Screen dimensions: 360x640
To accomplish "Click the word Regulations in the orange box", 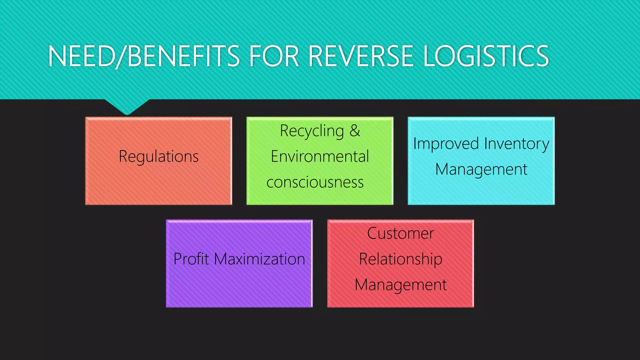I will (158, 156).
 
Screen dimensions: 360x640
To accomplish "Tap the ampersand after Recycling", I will (355, 131).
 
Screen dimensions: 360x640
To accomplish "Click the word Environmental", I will (320, 156).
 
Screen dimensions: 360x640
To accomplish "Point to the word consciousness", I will (315, 182).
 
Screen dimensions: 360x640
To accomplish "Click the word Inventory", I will (517, 144).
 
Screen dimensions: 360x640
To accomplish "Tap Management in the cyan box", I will (481, 170).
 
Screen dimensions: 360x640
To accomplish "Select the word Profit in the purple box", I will (191, 259).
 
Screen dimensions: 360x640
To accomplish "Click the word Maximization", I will (259, 259).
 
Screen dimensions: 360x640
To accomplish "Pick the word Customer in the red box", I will (401, 233).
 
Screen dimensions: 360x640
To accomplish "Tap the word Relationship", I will (401, 259).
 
